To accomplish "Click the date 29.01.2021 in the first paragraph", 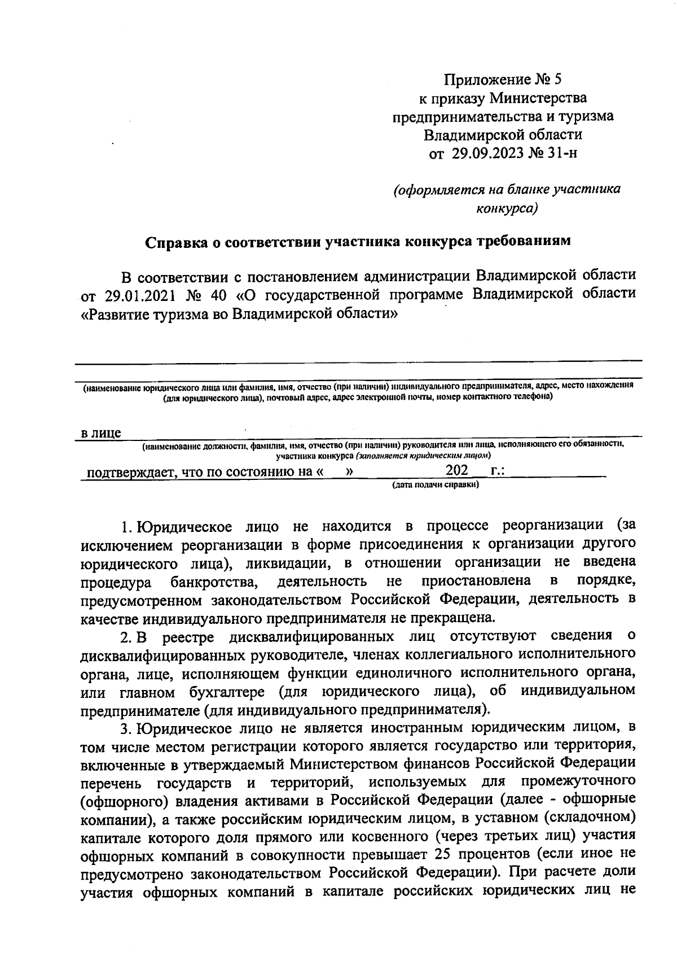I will pos(131,295).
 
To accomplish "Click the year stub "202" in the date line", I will pos(456,470).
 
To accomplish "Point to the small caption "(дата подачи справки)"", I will pos(435,485).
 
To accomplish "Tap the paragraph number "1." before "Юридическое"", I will pos(127,527).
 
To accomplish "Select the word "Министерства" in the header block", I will pos(538,98).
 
